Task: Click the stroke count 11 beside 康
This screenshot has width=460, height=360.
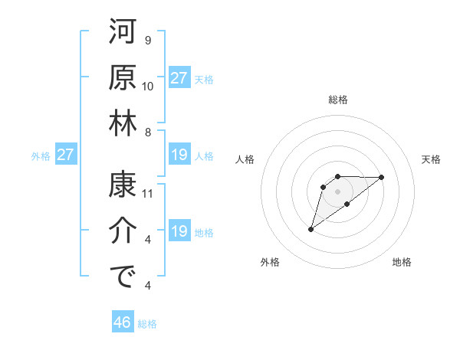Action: (x=149, y=194)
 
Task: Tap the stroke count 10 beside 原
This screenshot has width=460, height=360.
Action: (x=149, y=87)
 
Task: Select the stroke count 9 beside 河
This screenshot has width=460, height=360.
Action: (x=148, y=40)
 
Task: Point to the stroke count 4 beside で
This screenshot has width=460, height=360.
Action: (x=148, y=286)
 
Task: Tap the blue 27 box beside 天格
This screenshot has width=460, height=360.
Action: (x=179, y=78)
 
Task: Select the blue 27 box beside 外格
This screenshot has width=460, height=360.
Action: (x=65, y=155)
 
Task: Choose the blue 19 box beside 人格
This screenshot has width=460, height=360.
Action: (x=179, y=155)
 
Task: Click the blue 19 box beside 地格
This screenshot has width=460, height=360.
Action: (x=179, y=232)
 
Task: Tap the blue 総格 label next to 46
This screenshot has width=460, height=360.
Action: (x=147, y=324)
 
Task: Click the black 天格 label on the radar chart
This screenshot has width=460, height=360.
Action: (x=432, y=159)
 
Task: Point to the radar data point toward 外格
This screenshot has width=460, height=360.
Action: (x=311, y=229)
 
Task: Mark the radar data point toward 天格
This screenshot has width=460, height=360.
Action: (x=382, y=177)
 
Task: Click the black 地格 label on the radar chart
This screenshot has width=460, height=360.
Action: (x=402, y=262)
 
